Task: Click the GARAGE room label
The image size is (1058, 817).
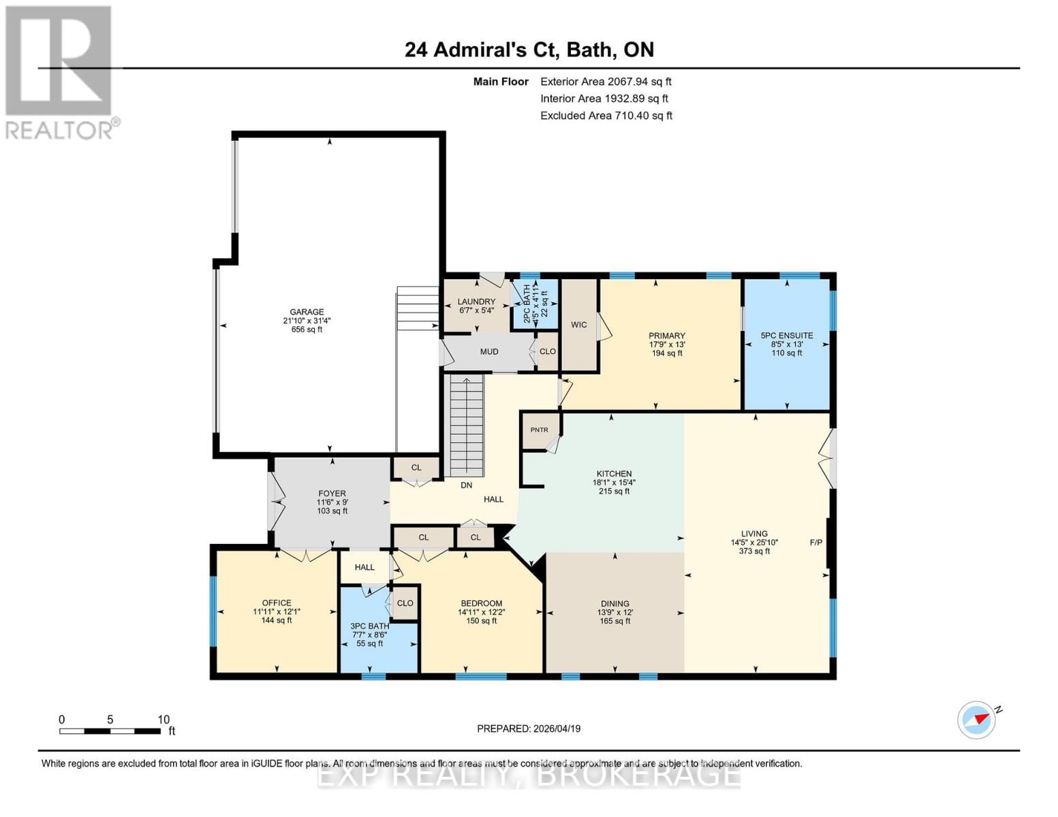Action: (x=307, y=312)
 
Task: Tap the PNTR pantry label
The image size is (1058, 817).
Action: (x=539, y=430)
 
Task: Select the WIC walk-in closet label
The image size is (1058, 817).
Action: (x=578, y=325)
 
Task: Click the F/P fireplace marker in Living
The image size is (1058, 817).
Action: (x=815, y=543)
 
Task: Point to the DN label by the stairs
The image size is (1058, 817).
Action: (x=466, y=485)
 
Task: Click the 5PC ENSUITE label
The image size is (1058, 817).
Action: (x=786, y=336)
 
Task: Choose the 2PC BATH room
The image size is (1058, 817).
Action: (x=535, y=304)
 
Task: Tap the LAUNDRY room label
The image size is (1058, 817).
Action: (x=476, y=302)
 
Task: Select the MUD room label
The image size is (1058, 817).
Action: (x=488, y=352)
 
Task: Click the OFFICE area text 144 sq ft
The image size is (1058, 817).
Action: (x=277, y=620)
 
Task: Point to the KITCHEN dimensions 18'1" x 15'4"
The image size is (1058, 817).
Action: (x=614, y=483)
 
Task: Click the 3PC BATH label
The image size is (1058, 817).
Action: (x=369, y=626)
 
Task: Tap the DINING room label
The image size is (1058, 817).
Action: (x=614, y=603)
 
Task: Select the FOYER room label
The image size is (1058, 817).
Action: (x=332, y=494)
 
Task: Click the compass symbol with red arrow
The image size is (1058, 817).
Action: (x=977, y=720)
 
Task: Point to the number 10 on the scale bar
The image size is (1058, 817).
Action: (x=164, y=720)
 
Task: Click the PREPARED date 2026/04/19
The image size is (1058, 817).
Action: (x=529, y=728)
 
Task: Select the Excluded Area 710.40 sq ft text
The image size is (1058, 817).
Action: (x=606, y=116)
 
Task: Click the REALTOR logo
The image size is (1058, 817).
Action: (x=60, y=71)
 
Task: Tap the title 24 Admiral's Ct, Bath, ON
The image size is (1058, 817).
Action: (x=529, y=50)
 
